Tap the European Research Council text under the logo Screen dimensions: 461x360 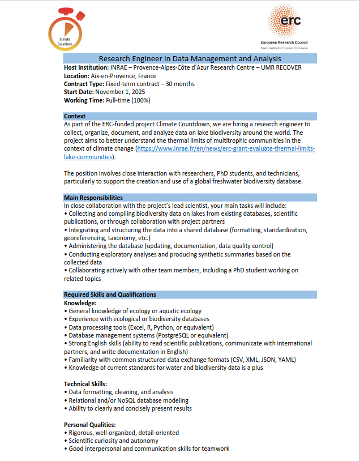284,42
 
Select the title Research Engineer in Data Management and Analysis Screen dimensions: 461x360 190,59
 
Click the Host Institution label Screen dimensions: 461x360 87,67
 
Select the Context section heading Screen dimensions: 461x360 75,116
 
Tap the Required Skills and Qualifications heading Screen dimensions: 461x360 110,294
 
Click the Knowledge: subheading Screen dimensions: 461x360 81,303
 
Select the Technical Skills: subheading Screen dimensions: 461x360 85,384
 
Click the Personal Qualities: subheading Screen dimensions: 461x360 90,425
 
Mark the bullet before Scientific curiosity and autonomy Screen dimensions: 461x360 66,441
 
